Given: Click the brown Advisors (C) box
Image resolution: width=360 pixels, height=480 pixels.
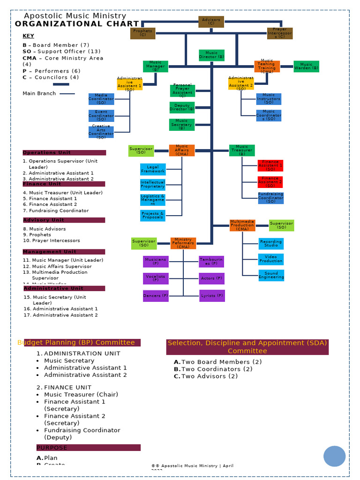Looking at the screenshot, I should tap(211, 22).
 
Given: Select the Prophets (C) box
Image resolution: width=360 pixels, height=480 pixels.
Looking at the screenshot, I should tap(142, 33).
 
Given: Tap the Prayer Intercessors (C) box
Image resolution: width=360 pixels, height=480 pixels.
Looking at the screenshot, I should tap(279, 33).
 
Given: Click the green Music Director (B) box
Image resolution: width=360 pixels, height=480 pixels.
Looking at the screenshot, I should tap(211, 55).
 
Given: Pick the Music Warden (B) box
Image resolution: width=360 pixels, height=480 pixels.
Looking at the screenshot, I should tap(307, 67).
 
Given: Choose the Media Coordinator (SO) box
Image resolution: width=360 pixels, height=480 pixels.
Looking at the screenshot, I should tap(101, 99).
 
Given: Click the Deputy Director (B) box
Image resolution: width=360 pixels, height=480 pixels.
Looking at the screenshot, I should tap(182, 107).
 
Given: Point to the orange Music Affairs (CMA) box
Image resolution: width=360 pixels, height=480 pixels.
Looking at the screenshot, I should tap(182, 150).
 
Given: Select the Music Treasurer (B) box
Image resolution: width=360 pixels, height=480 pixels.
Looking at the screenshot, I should tap(242, 150).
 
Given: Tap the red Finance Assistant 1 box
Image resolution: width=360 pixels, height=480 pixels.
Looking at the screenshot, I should tap(270, 165).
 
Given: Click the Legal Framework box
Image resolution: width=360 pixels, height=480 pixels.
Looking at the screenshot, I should tap(153, 169).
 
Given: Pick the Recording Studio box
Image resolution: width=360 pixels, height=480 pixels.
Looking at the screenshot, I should tap(271, 244).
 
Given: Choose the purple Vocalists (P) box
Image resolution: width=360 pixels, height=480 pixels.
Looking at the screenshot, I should tap(156, 278).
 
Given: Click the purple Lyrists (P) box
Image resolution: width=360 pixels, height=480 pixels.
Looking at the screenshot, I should tap(212, 296).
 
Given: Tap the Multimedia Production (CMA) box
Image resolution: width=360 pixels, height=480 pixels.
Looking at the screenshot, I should tap(242, 225).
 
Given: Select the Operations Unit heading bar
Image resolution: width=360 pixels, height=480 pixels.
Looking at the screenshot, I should tap(64, 152).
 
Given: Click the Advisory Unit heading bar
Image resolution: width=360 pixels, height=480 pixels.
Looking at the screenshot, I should tap(64, 220).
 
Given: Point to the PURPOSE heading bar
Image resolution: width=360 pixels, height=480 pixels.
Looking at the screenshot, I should tap(89, 448).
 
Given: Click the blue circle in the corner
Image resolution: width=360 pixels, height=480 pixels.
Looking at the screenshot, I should tap(334, 456).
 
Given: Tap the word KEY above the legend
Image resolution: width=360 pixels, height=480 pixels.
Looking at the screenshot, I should tap(28, 36).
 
